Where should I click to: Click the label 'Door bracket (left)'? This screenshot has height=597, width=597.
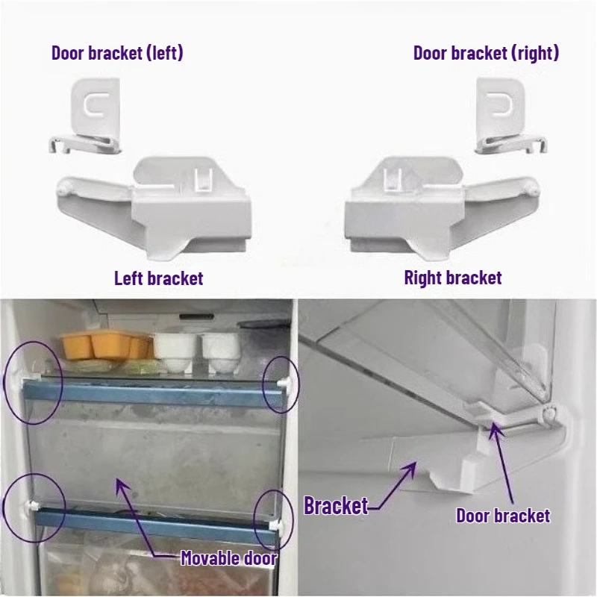pos(117,53)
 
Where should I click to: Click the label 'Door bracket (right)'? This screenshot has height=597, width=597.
pos(486,53)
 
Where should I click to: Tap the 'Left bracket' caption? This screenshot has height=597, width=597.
pos(158,278)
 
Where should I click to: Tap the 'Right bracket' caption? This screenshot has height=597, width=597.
pos(452,278)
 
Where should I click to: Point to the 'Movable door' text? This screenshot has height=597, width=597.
pos(228,558)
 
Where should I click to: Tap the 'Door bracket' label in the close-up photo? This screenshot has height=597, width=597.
pos(503,516)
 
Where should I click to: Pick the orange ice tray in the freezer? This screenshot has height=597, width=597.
pos(104,346)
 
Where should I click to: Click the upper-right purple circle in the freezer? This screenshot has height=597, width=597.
pos(281,383)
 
